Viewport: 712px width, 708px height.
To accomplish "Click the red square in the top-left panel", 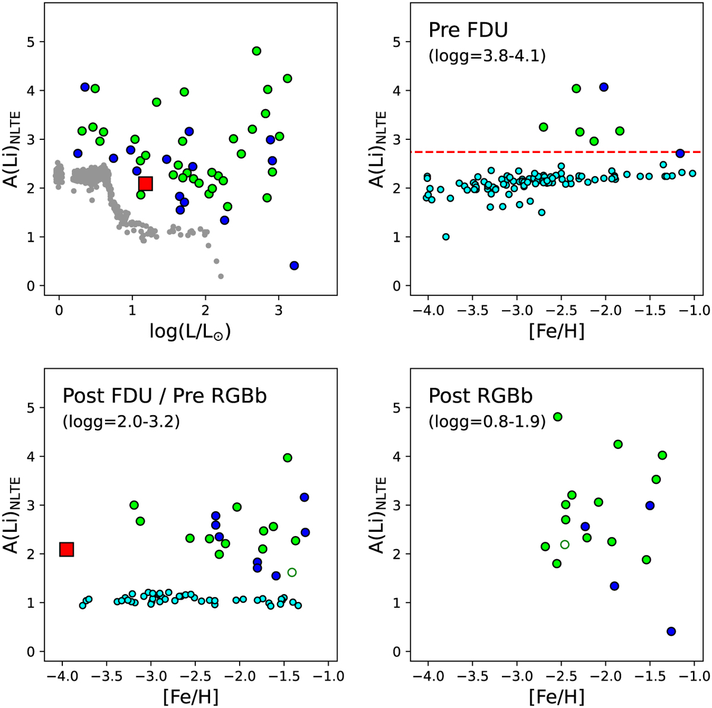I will [x=145, y=184].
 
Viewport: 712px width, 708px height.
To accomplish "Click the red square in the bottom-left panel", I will [x=66, y=550].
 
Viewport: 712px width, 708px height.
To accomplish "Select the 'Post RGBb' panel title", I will [x=481, y=396].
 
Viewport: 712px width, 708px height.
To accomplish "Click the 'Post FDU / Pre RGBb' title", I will [x=164, y=396].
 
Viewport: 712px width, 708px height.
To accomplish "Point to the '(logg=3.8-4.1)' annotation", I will [x=487, y=57].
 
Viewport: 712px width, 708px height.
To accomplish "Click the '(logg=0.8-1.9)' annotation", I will [x=487, y=423].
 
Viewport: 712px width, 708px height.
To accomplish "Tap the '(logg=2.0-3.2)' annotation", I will [x=121, y=423].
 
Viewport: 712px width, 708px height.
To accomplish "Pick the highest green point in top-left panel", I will [x=256, y=51].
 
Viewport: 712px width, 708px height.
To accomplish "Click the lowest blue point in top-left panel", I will [x=294, y=266].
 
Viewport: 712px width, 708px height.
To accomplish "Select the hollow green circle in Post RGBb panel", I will [x=564, y=544].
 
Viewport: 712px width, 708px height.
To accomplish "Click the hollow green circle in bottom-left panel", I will [x=291, y=572].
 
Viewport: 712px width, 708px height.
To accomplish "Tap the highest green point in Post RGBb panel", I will [x=557, y=417].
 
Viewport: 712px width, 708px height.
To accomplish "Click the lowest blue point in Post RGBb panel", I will [x=671, y=632].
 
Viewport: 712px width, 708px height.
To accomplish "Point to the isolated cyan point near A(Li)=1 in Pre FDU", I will [x=446, y=237].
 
